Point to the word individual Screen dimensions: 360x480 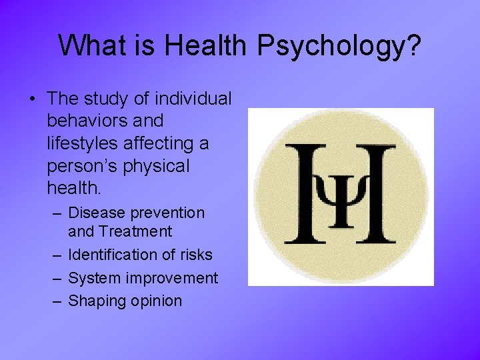(x=193, y=99)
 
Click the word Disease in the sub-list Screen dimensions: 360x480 (x=97, y=213)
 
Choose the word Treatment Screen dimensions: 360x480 (x=135, y=232)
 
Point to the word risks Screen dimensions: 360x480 (x=195, y=255)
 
